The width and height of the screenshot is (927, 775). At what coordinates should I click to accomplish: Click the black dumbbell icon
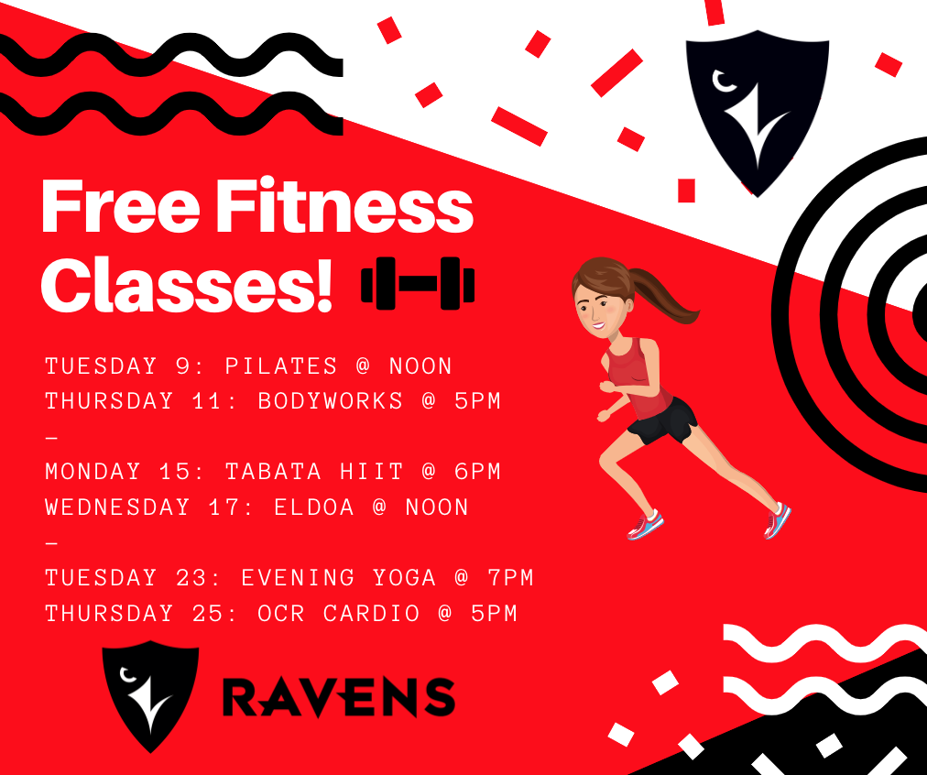coord(418,283)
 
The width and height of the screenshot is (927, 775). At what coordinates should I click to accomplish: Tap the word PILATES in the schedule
coord(281,366)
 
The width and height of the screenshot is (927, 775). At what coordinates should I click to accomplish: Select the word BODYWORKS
coord(331,401)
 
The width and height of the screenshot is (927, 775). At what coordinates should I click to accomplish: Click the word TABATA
coord(273,472)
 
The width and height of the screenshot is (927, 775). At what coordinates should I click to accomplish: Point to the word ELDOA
coord(314,508)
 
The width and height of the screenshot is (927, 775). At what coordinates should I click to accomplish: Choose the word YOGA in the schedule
coord(404,577)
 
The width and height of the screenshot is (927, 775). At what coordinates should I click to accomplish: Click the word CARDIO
coord(371,613)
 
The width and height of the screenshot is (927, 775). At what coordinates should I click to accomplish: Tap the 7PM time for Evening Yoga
coord(510,577)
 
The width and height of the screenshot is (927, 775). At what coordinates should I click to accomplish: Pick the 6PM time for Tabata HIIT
coord(477,472)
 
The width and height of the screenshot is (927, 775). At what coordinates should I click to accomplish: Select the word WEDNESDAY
coord(117,508)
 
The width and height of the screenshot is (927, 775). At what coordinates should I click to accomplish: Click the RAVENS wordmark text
coord(339,697)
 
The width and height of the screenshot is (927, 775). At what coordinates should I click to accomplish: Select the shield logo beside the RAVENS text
coord(150,695)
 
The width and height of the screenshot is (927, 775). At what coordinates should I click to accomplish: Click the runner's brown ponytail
coord(665,296)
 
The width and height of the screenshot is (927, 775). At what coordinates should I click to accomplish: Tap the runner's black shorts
coord(663,421)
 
